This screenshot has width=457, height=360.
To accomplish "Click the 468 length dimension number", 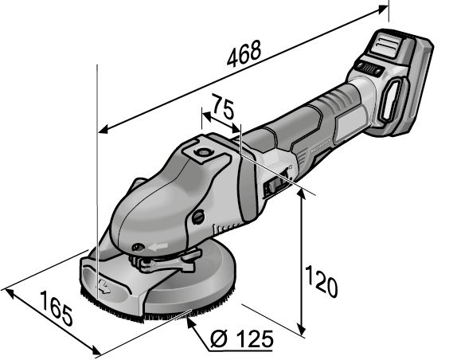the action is click(244, 53).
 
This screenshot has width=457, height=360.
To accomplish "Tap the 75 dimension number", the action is click(223, 106).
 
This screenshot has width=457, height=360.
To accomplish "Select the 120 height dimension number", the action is click(321, 281).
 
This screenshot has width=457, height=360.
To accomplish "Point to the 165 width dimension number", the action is click(56, 308).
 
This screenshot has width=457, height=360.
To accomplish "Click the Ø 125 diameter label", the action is click(241, 339).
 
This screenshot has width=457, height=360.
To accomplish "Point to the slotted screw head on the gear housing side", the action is click(198, 217).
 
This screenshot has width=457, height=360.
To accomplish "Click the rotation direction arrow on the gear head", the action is click(158, 247).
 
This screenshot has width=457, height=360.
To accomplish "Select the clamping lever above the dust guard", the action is click(166, 261).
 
